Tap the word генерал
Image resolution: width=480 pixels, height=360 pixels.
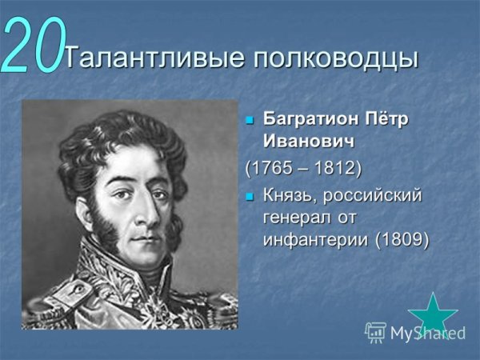coord(298,218)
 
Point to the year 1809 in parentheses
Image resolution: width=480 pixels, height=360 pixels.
coord(403,239)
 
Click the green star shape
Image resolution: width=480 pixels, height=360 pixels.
coord(432,314)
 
